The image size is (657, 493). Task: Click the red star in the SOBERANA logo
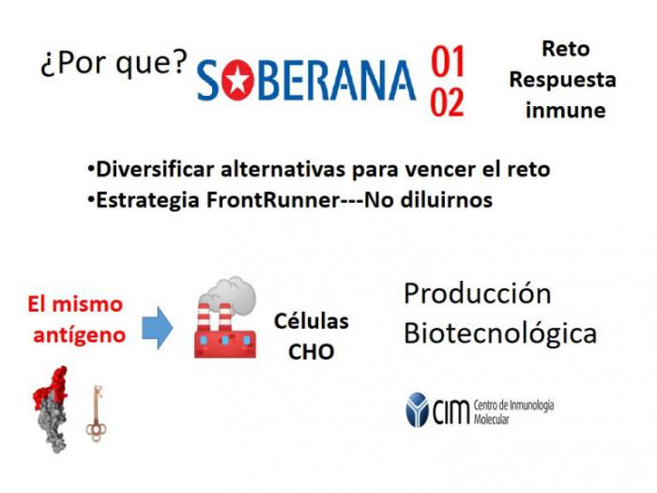pos(237,80)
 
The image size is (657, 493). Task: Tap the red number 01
pos(448,62)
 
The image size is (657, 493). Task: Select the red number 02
pos(448,102)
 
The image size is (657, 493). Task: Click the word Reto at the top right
pos(566,49)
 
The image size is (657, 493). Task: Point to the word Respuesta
pos(563,80)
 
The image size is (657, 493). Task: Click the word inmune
pos(566,110)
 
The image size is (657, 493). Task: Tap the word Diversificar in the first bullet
pos(155,169)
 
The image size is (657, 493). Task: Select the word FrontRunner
pos(272,199)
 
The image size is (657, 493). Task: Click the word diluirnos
pos(447,199)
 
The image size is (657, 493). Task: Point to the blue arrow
pos(157,328)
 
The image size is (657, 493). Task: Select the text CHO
pos(311,352)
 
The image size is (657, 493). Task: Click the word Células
pos(312,321)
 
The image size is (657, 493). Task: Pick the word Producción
pos(477,293)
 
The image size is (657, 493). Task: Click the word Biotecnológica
pos(500,334)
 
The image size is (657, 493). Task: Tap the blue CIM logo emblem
pos(417,410)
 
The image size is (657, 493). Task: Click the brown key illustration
pos(96,414)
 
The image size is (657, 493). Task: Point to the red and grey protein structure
pos(51,409)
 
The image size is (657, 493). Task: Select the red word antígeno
pos(80,335)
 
